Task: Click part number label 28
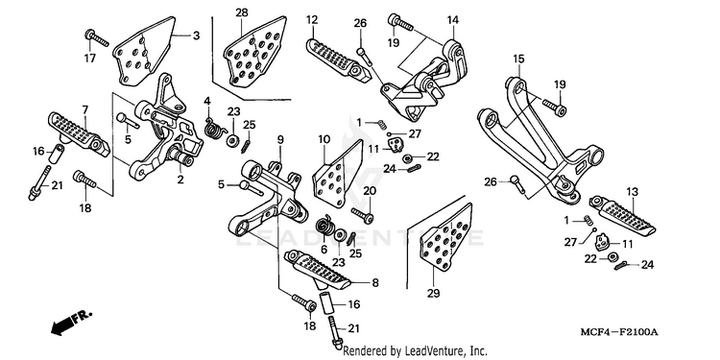(242, 12)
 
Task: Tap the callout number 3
(196, 36)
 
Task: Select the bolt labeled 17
(97, 38)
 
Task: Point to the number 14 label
(453, 20)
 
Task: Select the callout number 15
(518, 59)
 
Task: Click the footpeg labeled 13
(623, 215)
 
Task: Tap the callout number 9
(280, 139)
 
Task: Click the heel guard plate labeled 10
(337, 172)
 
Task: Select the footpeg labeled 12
(338, 60)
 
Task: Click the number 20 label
(370, 191)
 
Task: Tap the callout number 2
(180, 180)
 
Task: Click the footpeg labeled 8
(318, 270)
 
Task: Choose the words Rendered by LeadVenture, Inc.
(416, 351)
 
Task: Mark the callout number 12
(312, 20)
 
